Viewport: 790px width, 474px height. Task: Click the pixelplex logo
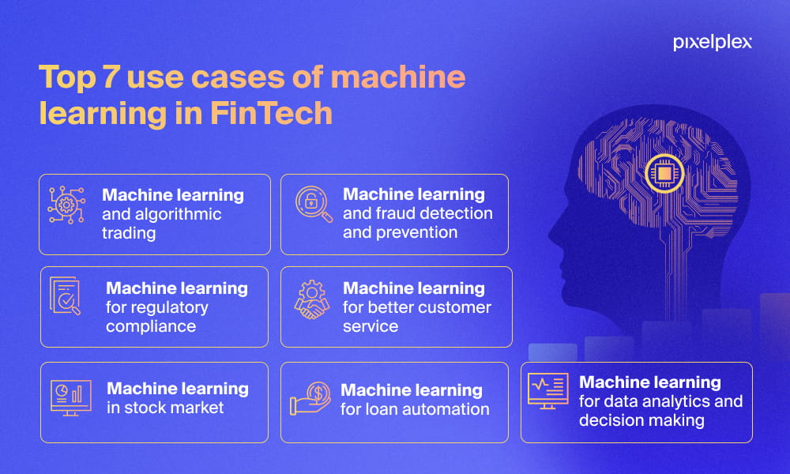(x=713, y=43)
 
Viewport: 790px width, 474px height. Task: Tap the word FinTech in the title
(x=271, y=113)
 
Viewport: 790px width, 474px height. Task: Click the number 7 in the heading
(x=111, y=77)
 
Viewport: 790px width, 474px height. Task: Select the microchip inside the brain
(x=664, y=173)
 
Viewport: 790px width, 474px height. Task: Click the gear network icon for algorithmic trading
(x=66, y=205)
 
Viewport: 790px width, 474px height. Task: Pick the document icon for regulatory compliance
(x=65, y=295)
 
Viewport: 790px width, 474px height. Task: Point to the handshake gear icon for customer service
(x=312, y=299)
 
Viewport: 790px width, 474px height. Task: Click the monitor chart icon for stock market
(x=71, y=397)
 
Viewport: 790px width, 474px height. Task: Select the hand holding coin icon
(x=310, y=398)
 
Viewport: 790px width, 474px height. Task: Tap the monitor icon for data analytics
(x=547, y=391)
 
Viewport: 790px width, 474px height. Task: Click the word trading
(x=129, y=233)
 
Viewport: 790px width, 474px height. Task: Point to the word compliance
(x=151, y=326)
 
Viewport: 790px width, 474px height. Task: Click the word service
(x=371, y=326)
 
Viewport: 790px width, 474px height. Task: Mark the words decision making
(x=641, y=420)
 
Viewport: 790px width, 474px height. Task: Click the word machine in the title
(x=398, y=77)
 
